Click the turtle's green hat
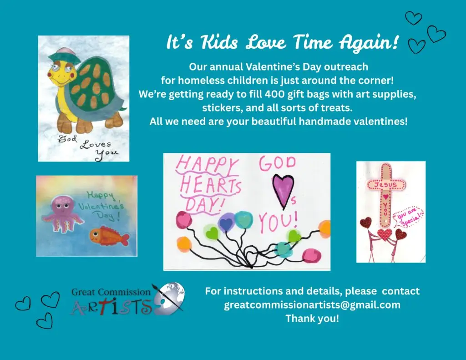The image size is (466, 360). [x=65, y=56]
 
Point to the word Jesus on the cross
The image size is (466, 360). [x=386, y=185]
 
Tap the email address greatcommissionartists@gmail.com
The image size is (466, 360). [x=312, y=305]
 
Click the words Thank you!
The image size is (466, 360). [x=312, y=319]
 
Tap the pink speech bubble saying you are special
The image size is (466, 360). [x=408, y=217]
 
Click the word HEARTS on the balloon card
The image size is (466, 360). [x=210, y=186]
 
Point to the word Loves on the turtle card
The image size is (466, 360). [x=96, y=144]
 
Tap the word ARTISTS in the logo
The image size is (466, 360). [x=112, y=307]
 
